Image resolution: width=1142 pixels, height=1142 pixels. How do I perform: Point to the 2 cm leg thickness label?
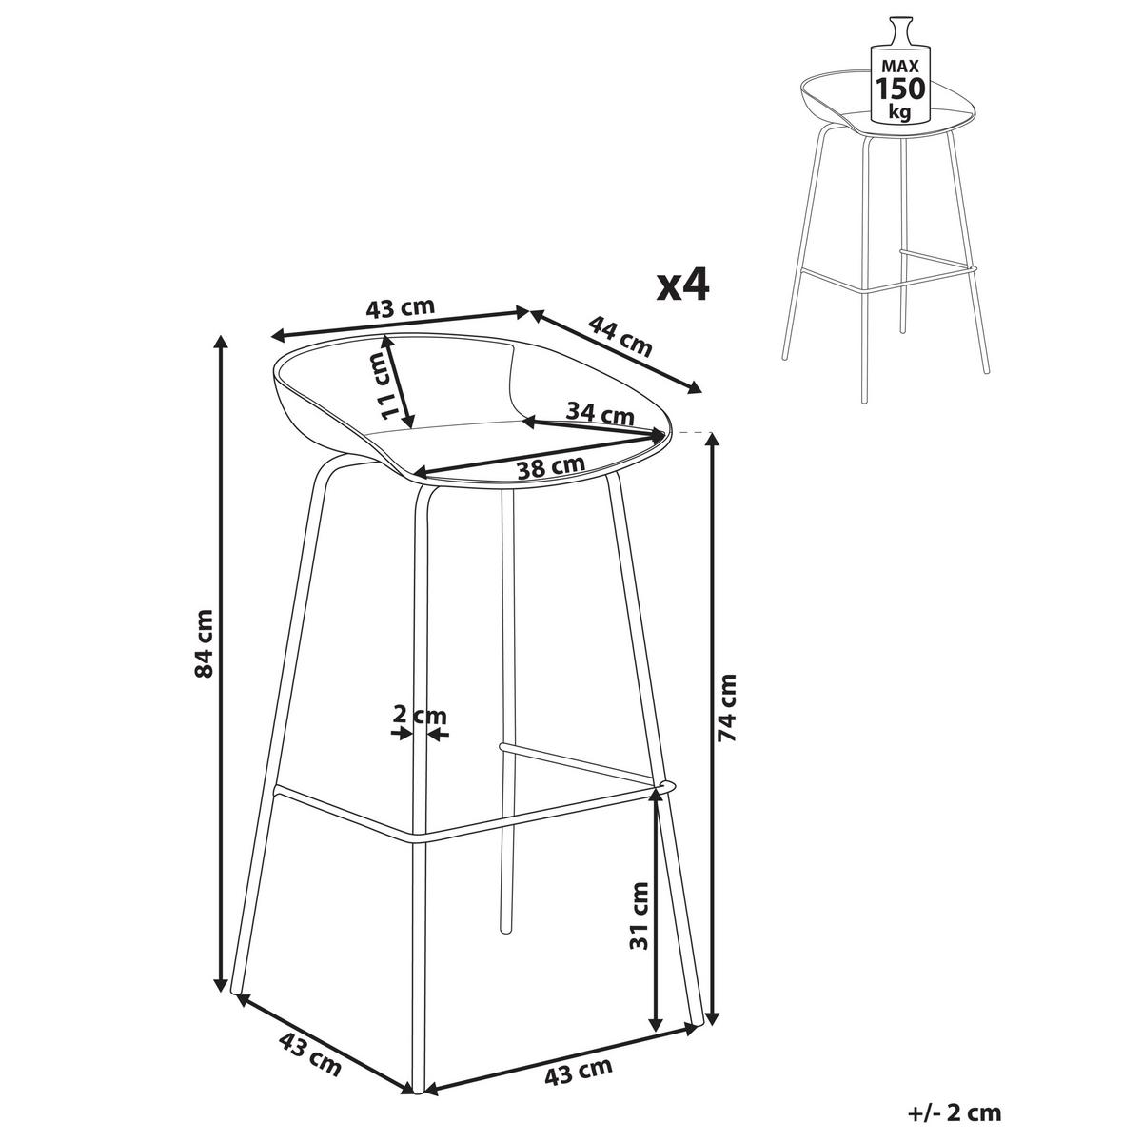click(x=420, y=716)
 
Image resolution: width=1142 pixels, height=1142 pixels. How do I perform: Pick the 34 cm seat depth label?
click(x=601, y=412)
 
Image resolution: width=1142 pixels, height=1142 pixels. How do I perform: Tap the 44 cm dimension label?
click(x=620, y=337)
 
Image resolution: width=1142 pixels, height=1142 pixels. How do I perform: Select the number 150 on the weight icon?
click(x=900, y=89)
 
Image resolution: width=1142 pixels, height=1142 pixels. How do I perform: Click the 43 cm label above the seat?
click(x=401, y=308)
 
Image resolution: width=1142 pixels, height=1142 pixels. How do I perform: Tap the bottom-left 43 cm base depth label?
click(x=310, y=1034)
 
